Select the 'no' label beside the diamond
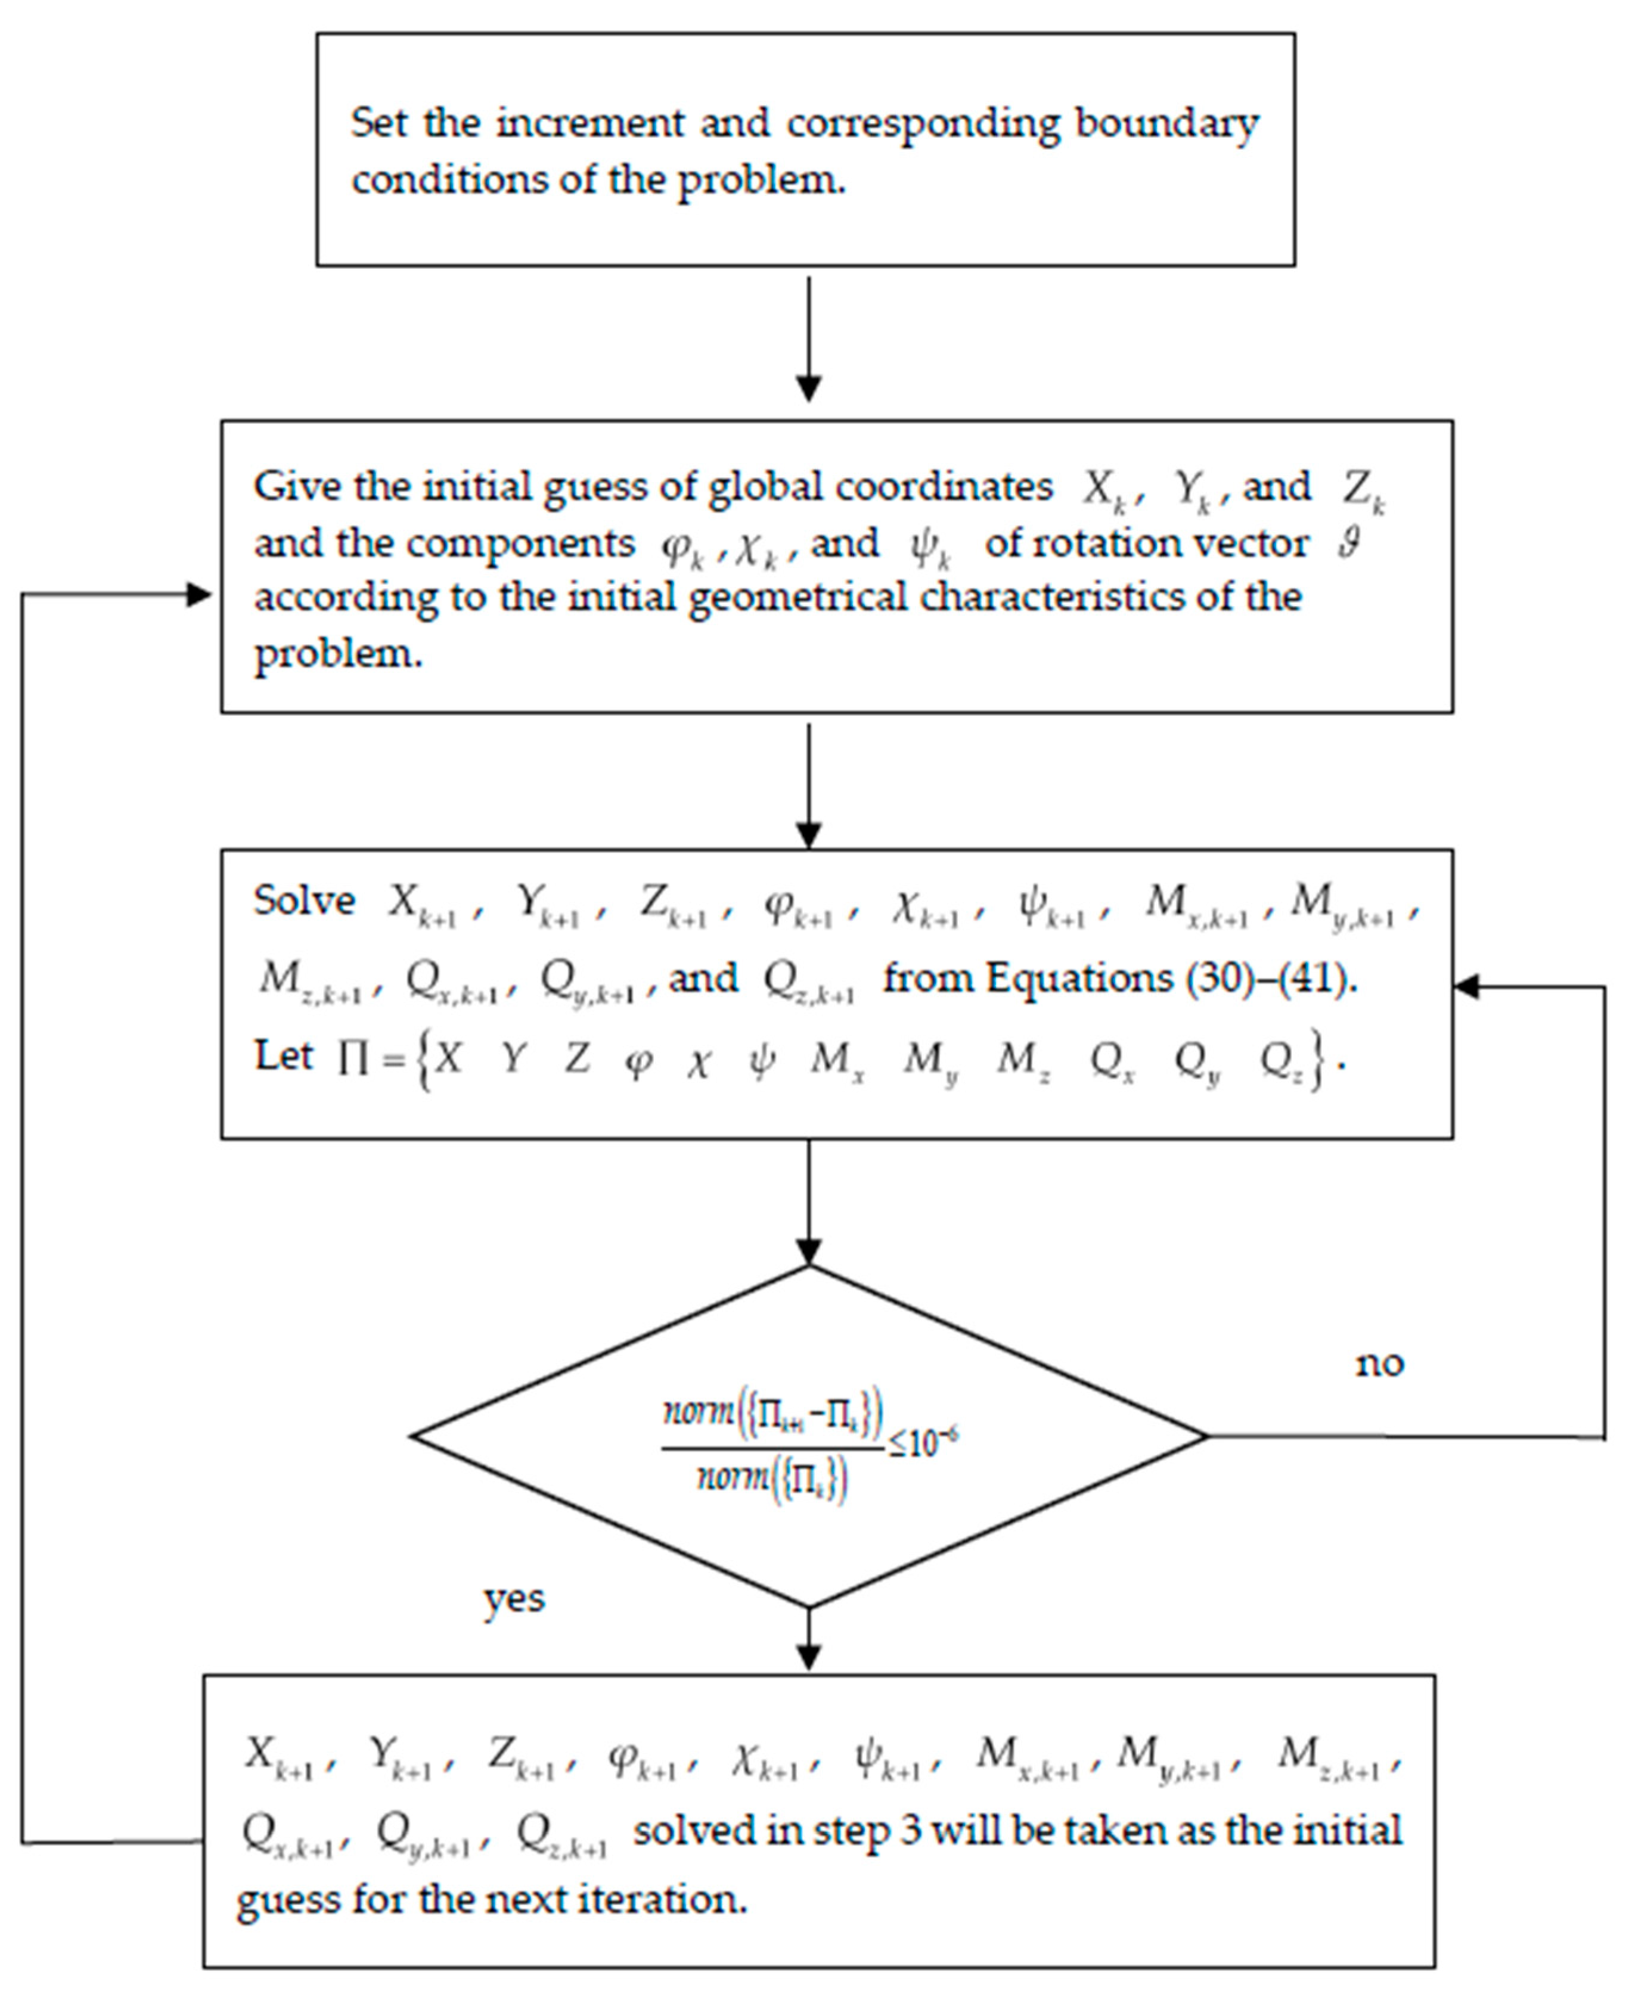(x=1380, y=1365)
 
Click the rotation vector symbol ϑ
(x=1349, y=542)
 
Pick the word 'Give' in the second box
(x=286, y=486)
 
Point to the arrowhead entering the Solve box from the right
(x=1466, y=986)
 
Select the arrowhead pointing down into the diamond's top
(x=808, y=1252)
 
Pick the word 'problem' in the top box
(x=761, y=180)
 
